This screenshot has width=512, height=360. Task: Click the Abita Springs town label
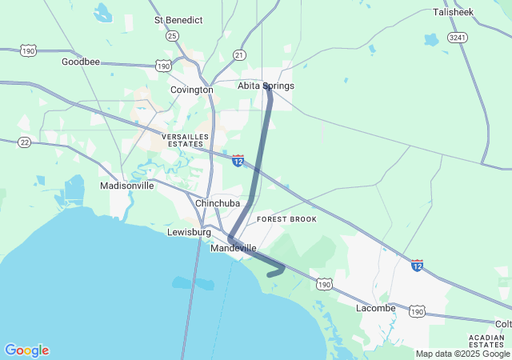pyautogui.click(x=266, y=86)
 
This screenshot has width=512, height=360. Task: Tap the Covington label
pyautogui.click(x=192, y=90)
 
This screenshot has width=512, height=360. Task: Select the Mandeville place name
pyautogui.click(x=234, y=249)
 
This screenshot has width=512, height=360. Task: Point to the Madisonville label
pyautogui.click(x=126, y=186)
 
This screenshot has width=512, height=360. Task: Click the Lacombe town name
pyautogui.click(x=376, y=308)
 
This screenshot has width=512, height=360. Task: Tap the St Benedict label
pyautogui.click(x=178, y=19)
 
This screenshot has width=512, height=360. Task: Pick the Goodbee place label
pyautogui.click(x=81, y=62)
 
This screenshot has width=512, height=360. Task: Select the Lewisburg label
pyautogui.click(x=189, y=232)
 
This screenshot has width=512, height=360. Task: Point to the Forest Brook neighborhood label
pyautogui.click(x=286, y=219)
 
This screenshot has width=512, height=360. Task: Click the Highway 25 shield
pyautogui.click(x=172, y=36)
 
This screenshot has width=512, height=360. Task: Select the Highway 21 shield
pyautogui.click(x=239, y=54)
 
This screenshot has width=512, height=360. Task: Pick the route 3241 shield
pyautogui.click(x=458, y=38)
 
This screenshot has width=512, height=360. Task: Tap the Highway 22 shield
pyautogui.click(x=25, y=142)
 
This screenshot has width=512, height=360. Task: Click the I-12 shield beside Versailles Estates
pyautogui.click(x=238, y=161)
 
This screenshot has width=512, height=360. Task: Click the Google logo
pyautogui.click(x=26, y=350)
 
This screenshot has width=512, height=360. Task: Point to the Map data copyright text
pyautogui.click(x=462, y=354)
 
